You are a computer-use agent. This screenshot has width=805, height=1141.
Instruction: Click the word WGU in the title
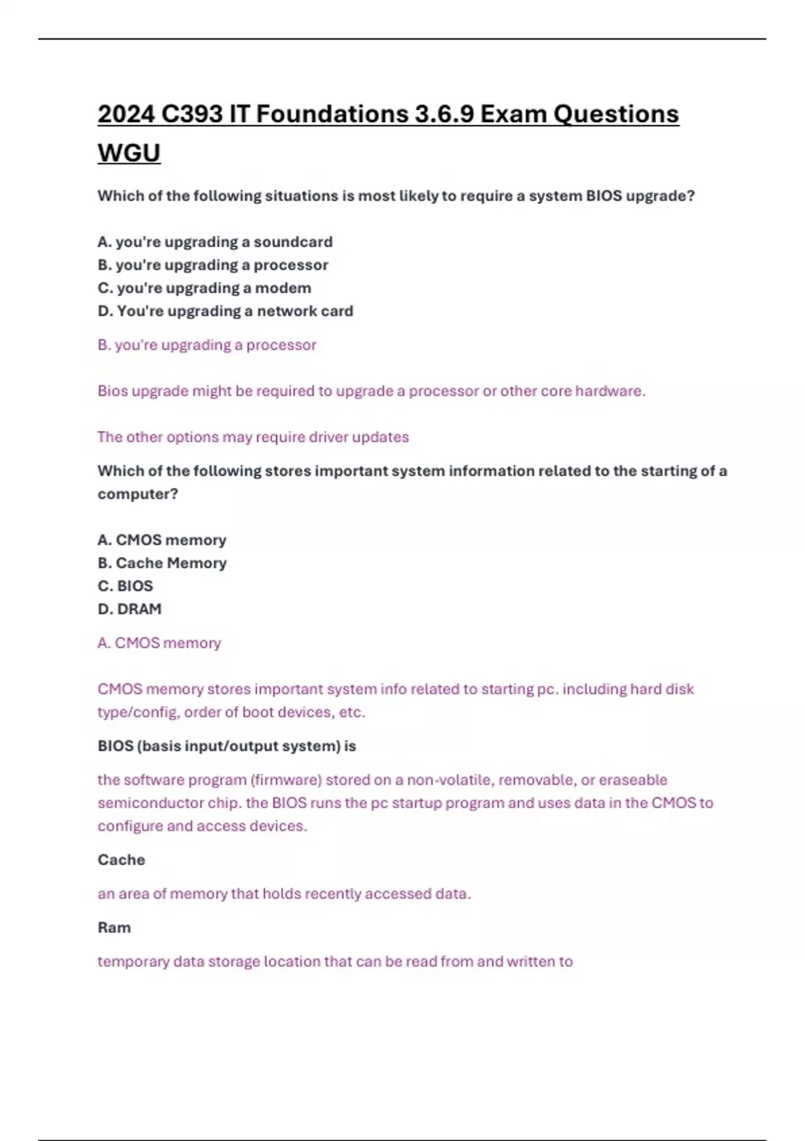tap(129, 154)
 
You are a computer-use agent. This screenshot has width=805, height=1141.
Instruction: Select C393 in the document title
tap(191, 114)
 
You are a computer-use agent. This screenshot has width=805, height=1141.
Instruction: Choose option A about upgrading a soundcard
tap(215, 242)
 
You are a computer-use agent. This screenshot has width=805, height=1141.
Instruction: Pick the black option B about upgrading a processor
tap(213, 265)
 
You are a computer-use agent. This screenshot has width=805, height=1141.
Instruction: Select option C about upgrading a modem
tap(204, 288)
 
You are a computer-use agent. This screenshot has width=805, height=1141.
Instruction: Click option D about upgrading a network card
tap(225, 311)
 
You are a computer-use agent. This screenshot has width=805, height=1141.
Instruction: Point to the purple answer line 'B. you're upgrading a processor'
tap(207, 345)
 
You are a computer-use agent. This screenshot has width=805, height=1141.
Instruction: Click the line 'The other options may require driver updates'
tap(253, 437)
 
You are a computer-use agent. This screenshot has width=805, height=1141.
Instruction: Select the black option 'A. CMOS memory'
tap(162, 540)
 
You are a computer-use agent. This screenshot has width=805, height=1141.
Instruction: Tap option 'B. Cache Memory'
tap(162, 563)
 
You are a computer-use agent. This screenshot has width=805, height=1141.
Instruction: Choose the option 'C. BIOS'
tap(125, 586)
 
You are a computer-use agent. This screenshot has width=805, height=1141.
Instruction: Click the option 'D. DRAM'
tap(129, 609)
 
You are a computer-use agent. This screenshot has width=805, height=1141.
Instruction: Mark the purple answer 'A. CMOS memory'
tap(159, 643)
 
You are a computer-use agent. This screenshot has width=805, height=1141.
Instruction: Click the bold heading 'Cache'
tap(121, 860)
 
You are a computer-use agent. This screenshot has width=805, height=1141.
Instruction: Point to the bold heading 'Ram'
tap(114, 928)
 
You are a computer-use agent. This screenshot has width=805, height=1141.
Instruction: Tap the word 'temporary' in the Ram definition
tap(133, 962)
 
